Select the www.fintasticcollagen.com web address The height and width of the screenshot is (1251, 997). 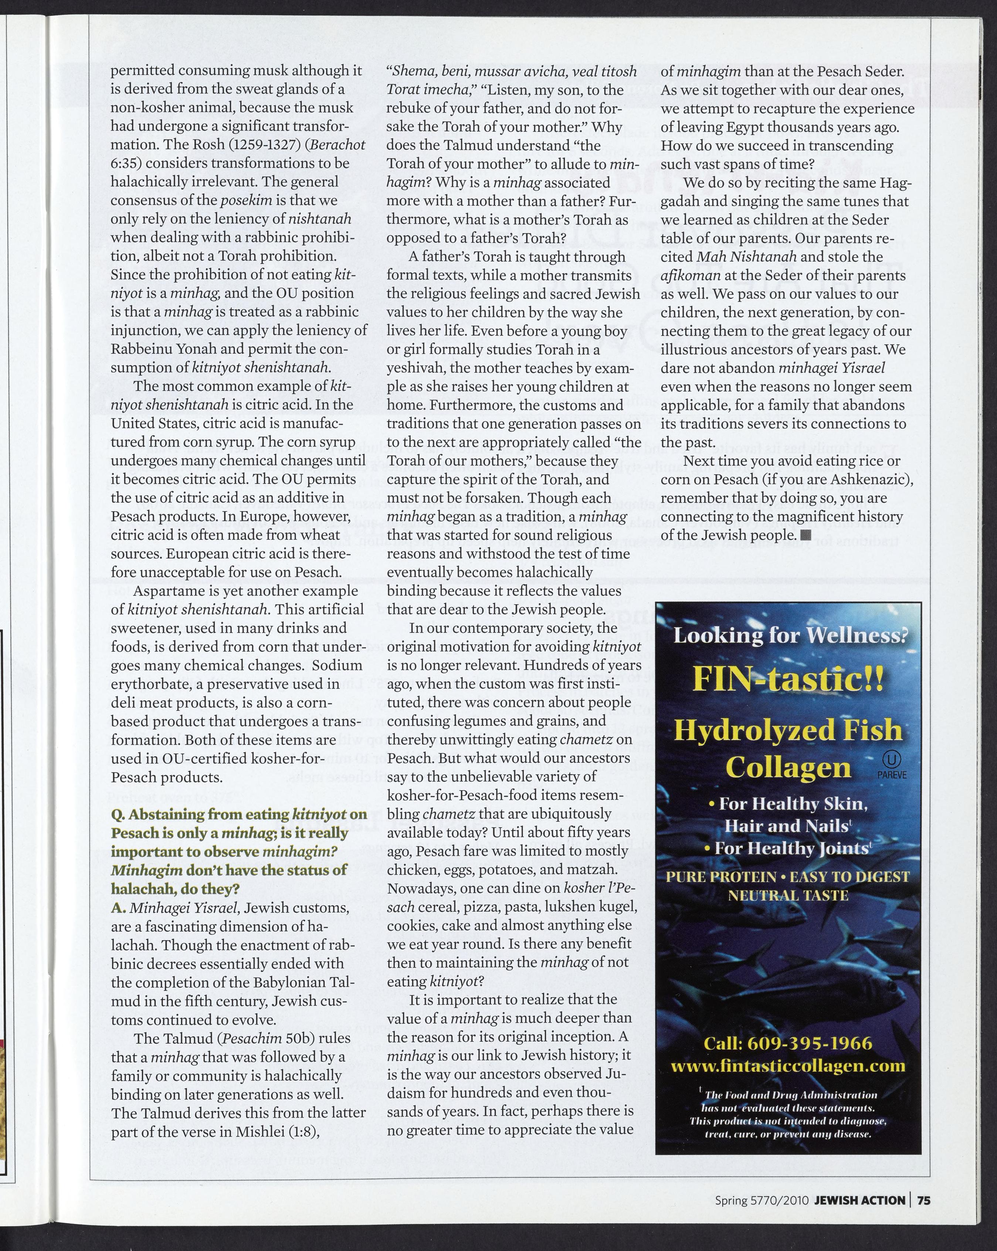[x=787, y=1066]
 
